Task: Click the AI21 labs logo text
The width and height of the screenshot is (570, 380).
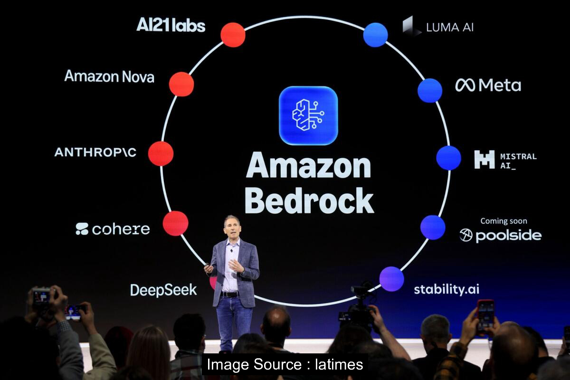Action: (171, 25)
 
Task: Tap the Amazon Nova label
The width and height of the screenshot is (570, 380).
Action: (109, 76)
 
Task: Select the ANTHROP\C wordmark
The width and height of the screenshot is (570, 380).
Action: (95, 152)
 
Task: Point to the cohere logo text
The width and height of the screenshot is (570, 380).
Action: (113, 229)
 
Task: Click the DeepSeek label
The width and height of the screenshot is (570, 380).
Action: (163, 290)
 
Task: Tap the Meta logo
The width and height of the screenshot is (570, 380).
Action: (488, 85)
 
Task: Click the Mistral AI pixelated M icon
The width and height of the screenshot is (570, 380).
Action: (484, 160)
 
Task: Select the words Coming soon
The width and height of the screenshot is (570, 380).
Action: (503, 221)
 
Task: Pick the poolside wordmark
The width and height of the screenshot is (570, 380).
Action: (501, 235)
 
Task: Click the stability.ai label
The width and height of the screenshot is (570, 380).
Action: (446, 289)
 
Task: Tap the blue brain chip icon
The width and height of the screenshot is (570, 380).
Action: (308, 115)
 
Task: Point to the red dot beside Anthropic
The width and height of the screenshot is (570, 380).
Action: (161, 153)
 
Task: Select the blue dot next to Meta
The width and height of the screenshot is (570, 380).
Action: (430, 90)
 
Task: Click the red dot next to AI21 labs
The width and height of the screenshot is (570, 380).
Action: (233, 35)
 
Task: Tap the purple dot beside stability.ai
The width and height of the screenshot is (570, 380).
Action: (392, 279)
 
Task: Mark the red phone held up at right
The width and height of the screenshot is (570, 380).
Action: (485, 315)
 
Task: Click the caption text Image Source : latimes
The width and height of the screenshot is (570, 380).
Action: (285, 364)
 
